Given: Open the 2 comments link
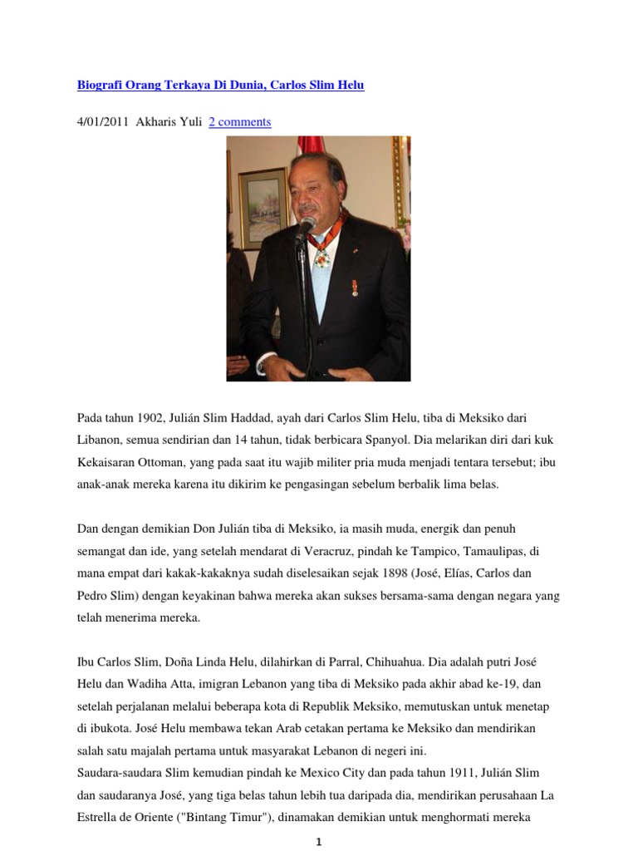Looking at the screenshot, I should tap(239, 122).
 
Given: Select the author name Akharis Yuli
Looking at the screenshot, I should tap(168, 122).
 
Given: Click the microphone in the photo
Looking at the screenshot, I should tap(305, 227).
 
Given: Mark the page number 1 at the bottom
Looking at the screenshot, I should tap(318, 842).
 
